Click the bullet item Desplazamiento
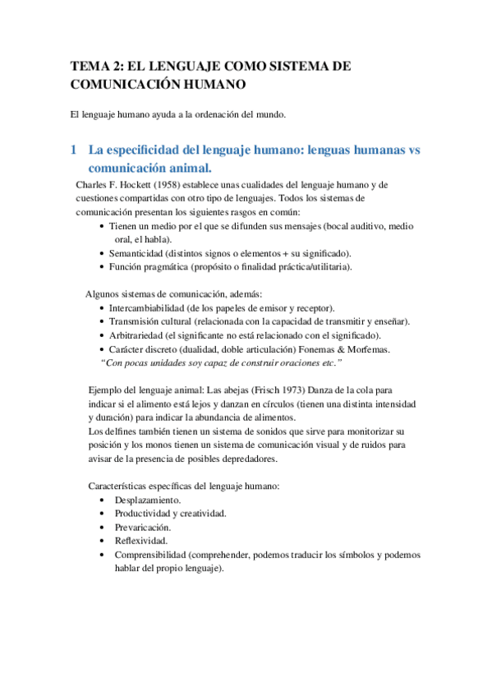click(x=149, y=500)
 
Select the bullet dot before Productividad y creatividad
click(x=100, y=514)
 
